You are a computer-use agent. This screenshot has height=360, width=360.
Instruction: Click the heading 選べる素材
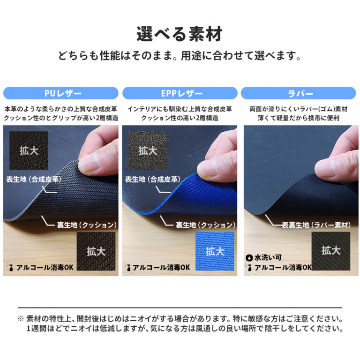180,34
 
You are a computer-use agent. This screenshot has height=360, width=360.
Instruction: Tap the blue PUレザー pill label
61,93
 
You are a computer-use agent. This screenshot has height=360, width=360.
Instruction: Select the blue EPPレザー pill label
180,93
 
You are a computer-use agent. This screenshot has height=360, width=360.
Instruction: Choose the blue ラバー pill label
299,93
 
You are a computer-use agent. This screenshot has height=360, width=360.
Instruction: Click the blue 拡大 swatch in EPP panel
215,251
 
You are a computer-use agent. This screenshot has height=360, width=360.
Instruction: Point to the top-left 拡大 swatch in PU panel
29,150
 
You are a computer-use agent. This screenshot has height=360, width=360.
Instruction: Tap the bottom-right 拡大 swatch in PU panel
96,251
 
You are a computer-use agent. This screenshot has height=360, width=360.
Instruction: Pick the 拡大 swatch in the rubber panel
331,251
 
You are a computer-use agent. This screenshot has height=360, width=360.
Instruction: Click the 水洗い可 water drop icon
249,258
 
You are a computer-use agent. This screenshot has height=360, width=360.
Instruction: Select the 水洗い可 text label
268,258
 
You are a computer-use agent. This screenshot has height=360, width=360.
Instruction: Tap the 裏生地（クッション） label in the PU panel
87,225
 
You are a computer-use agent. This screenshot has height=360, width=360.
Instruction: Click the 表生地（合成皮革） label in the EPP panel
153,180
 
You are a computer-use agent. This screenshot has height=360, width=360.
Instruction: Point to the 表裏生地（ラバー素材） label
316,225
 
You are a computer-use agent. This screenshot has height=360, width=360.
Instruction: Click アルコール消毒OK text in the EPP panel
161,268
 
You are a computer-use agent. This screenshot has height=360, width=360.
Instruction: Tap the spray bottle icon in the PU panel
11,268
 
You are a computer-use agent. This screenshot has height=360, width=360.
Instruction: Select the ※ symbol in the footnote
21,319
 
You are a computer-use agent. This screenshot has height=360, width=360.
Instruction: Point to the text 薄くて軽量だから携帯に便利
299,118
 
